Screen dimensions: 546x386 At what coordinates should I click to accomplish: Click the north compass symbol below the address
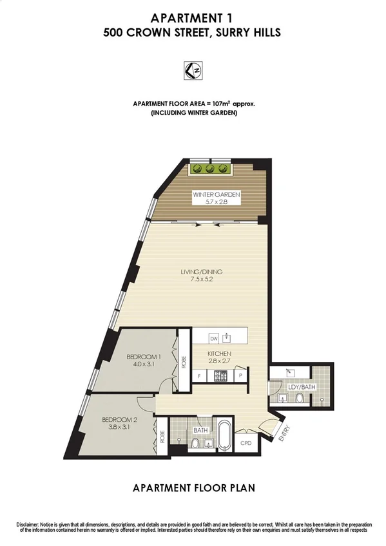(193, 69)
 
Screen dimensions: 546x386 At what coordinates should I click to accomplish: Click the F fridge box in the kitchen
(199, 375)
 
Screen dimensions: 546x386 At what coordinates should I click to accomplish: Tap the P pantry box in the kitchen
(240, 375)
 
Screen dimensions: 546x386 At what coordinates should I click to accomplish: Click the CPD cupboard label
(246, 443)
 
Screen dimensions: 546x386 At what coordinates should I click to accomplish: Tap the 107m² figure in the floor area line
(210, 103)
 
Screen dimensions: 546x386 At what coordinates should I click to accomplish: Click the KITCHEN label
(219, 353)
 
